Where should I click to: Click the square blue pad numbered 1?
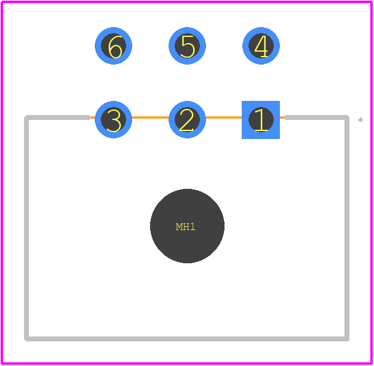(x=261, y=120)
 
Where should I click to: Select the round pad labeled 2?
(x=187, y=119)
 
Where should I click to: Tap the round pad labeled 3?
(x=114, y=119)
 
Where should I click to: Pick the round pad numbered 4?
(x=261, y=46)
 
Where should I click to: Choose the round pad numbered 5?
(x=187, y=46)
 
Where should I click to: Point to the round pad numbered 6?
(x=114, y=46)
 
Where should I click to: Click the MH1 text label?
(x=186, y=226)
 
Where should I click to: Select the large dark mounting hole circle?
(x=187, y=226)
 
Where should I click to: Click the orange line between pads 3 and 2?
(x=150, y=117)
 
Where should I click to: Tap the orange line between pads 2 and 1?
(x=224, y=117)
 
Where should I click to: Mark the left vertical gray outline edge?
(x=26, y=228)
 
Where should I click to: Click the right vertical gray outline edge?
(x=347, y=228)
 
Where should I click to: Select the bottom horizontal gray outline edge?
(x=187, y=339)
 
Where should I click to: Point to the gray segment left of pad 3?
(x=57, y=117)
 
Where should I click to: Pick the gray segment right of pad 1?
(x=317, y=117)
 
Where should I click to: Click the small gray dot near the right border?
(x=360, y=120)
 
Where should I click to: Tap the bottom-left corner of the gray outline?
(x=26, y=339)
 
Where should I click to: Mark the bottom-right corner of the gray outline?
(x=347, y=339)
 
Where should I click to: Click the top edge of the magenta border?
(x=187, y=2)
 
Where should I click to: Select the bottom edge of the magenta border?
(x=187, y=364)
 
